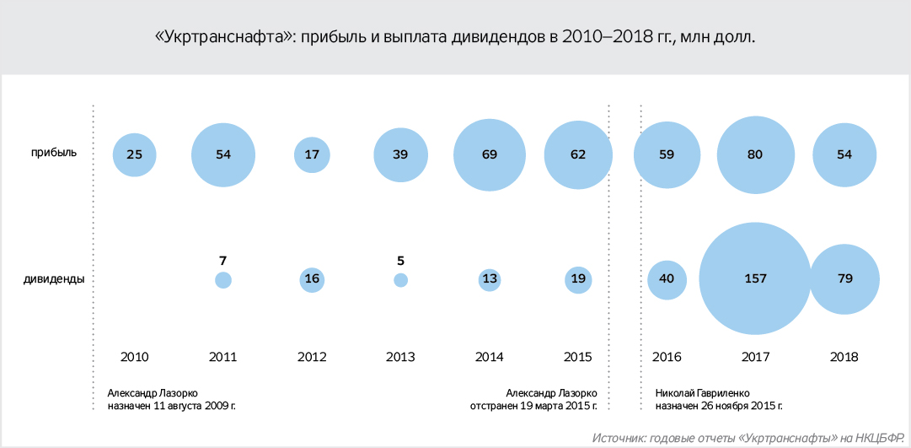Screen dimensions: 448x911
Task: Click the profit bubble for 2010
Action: pos(135,154)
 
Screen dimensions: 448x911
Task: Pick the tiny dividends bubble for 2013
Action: pos(400,280)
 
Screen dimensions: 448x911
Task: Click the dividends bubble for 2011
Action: pos(223,280)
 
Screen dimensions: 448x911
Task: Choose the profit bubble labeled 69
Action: pos(489,154)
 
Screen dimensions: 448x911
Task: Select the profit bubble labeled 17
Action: pos(312,154)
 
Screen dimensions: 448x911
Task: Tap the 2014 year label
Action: pos(489,357)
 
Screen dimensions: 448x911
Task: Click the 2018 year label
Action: pos(844,357)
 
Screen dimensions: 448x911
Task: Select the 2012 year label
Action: pos(312,357)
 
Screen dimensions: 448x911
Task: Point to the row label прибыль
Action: pos(55,153)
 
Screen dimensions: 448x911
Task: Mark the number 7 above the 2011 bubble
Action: pos(223,260)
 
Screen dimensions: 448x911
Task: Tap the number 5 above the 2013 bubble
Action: pos(400,260)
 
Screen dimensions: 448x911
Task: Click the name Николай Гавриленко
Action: pos(701,392)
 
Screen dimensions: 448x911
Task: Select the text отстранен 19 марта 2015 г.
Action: pos(533,406)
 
